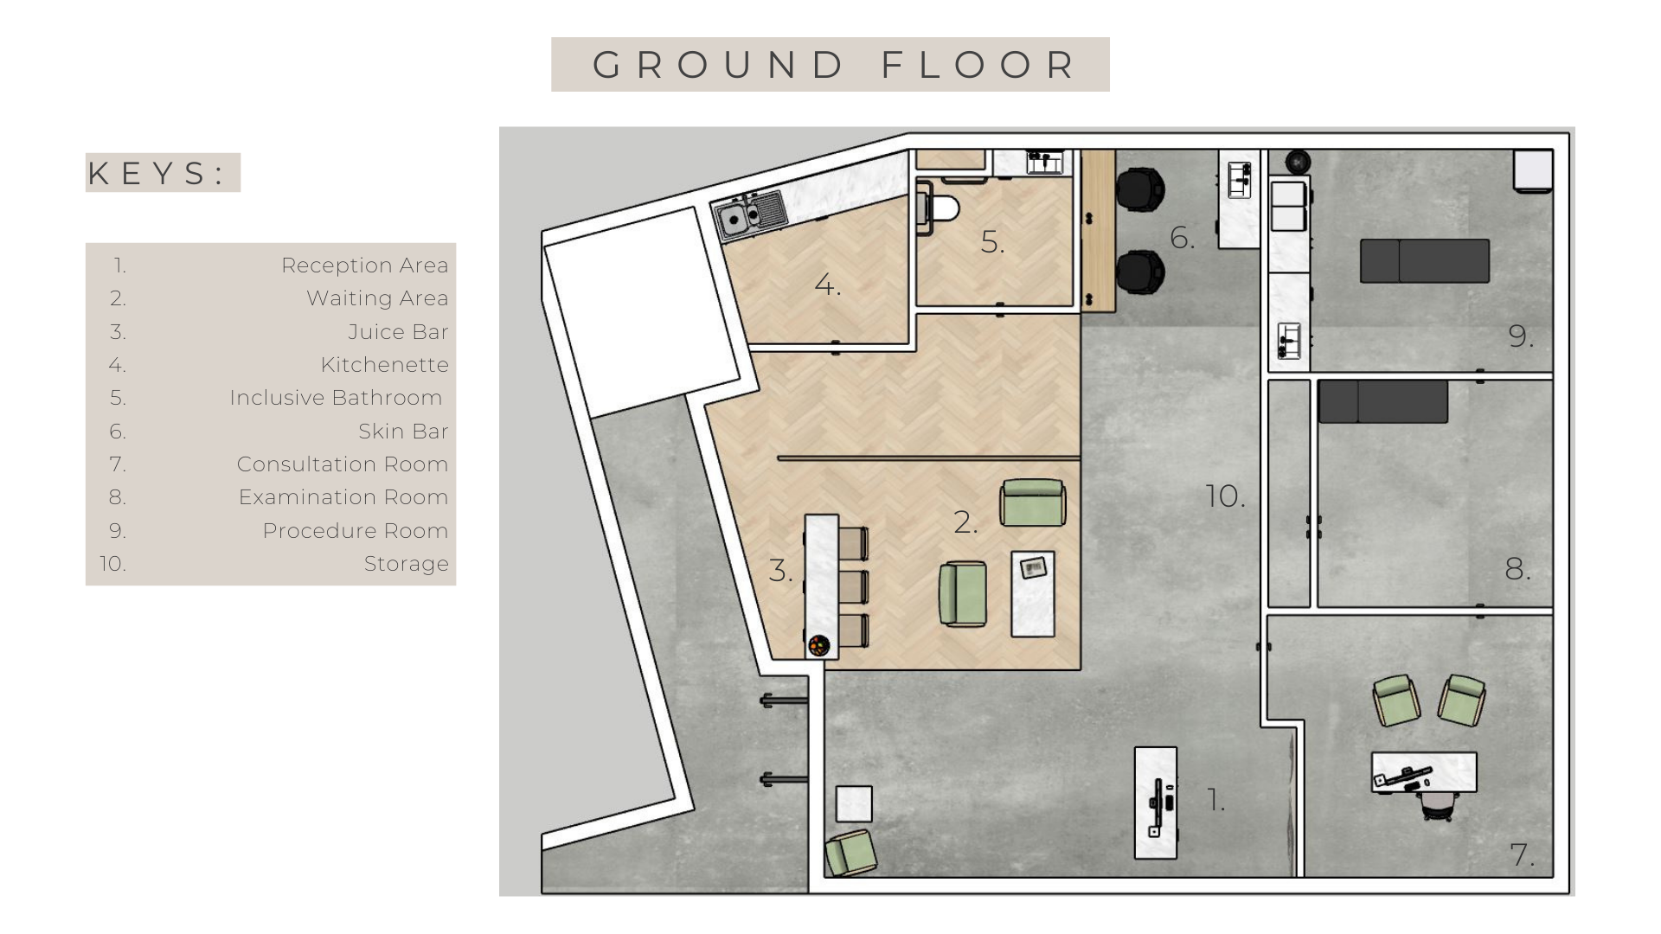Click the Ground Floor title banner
pyautogui.click(x=830, y=64)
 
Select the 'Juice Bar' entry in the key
pyautogui.click(x=398, y=332)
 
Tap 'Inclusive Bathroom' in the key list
pyautogui.click(x=336, y=398)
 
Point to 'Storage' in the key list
pyautogui.click(x=406, y=564)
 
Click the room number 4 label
pyautogui.click(x=827, y=285)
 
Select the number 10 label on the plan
pyautogui.click(x=1225, y=496)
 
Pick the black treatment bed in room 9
pyautogui.click(x=1425, y=261)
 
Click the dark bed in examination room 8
pyautogui.click(x=1383, y=401)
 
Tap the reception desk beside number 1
pyautogui.click(x=1156, y=803)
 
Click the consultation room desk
pyautogui.click(x=1424, y=771)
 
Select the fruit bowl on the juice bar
pyautogui.click(x=818, y=644)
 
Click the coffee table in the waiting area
pyautogui.click(x=1034, y=594)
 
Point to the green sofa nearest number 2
pyautogui.click(x=1033, y=502)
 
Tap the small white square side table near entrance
pyautogui.click(x=854, y=804)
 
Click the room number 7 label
pyautogui.click(x=1522, y=855)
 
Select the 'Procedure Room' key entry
pyautogui.click(x=356, y=531)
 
